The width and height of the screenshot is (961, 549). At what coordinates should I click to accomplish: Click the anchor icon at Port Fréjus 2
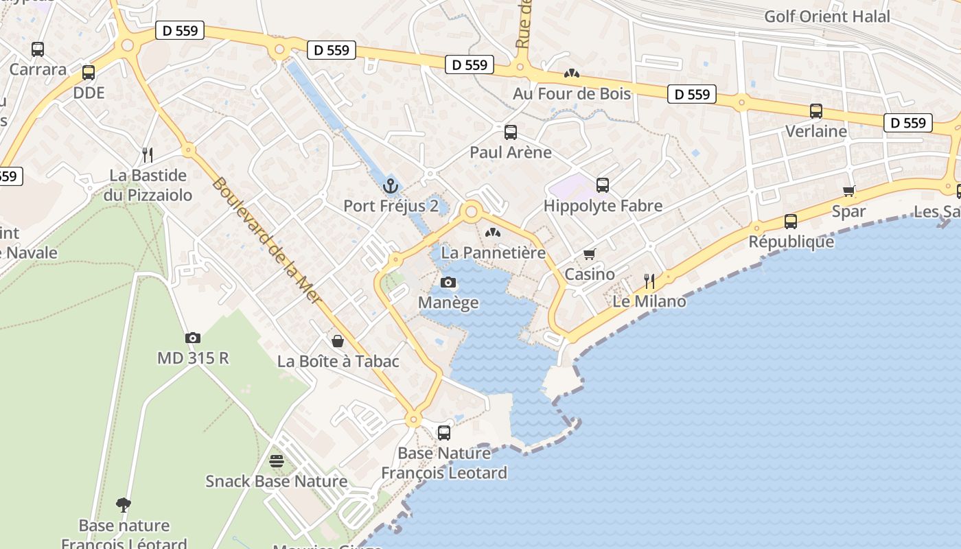pyautogui.click(x=390, y=185)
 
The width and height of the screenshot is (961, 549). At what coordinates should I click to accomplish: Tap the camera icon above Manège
pyautogui.click(x=448, y=282)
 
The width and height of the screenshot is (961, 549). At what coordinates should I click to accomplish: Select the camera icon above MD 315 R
pyautogui.click(x=193, y=338)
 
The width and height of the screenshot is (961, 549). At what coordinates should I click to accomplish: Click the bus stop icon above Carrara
pyautogui.click(x=38, y=49)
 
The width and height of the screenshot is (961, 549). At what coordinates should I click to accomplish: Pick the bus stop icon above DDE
pyautogui.click(x=89, y=72)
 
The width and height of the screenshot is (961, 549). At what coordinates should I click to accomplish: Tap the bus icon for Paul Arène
pyautogui.click(x=511, y=132)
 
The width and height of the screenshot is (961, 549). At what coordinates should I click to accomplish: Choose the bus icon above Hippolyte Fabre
pyautogui.click(x=603, y=185)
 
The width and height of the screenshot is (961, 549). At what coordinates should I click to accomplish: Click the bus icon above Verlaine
pyautogui.click(x=816, y=110)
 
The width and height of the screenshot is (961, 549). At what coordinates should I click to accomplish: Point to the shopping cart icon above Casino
pyautogui.click(x=590, y=255)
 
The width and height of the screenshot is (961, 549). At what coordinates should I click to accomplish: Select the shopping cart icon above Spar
pyautogui.click(x=849, y=191)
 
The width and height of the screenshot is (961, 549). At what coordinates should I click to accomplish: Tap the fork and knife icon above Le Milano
pyautogui.click(x=649, y=281)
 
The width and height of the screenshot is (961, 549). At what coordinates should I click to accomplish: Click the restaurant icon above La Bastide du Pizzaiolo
pyautogui.click(x=147, y=154)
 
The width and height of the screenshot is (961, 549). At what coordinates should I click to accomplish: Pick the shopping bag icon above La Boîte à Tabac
pyautogui.click(x=338, y=341)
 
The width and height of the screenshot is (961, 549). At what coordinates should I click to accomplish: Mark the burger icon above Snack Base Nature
pyautogui.click(x=277, y=460)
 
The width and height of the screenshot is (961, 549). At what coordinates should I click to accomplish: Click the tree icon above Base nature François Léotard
pyautogui.click(x=124, y=506)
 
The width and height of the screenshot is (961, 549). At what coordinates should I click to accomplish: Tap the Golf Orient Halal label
pyautogui.click(x=826, y=16)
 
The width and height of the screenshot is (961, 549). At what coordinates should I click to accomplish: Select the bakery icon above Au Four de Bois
pyautogui.click(x=571, y=73)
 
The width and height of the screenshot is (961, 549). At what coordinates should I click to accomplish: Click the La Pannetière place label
pyautogui.click(x=494, y=253)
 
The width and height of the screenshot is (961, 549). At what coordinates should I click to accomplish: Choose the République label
pyautogui.click(x=791, y=242)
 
